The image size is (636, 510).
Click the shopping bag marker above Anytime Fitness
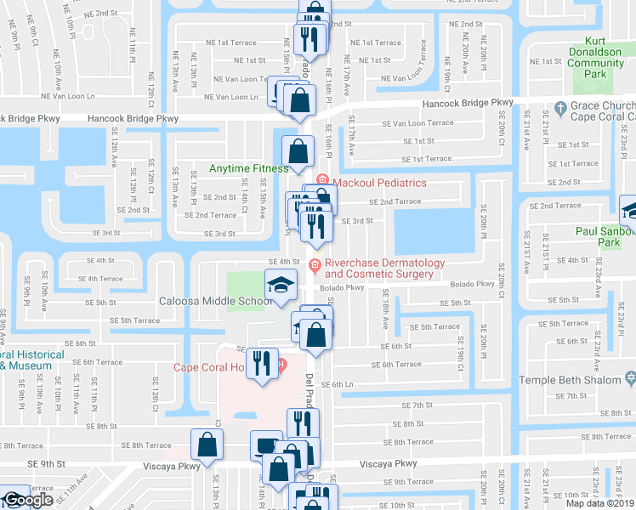pos(295,152)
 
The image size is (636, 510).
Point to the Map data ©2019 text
pos(600,503)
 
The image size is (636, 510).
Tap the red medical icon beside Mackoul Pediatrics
pos(321,180)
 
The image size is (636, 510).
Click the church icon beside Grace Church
pos(559,108)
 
